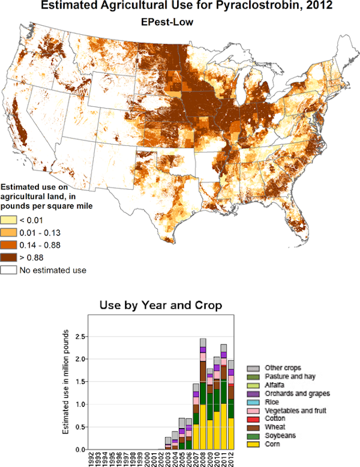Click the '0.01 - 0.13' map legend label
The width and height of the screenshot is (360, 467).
41,233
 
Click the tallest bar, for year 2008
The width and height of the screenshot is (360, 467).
203,394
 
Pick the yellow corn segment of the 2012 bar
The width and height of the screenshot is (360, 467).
230,434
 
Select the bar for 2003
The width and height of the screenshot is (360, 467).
168,444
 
